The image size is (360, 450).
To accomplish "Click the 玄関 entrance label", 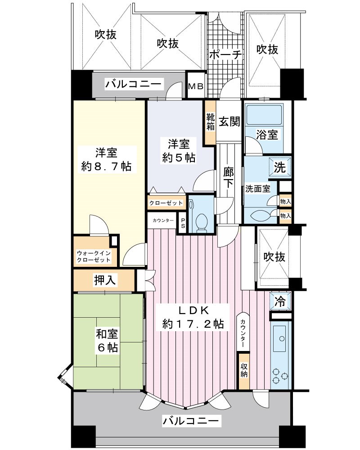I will click(x=229, y=121).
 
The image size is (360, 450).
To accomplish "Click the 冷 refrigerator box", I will click(x=279, y=301).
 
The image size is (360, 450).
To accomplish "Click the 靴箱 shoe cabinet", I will click(x=210, y=122).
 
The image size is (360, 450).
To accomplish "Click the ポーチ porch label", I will click(x=225, y=55).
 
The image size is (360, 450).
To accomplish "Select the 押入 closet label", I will click(x=105, y=280).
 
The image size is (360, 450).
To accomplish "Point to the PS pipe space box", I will click(x=183, y=223).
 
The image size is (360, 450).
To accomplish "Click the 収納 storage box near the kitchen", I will click(x=243, y=370).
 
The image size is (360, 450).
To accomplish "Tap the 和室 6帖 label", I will click(x=107, y=341).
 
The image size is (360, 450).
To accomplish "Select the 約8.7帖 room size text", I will click(x=107, y=166).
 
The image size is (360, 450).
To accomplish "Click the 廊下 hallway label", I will click(x=228, y=178).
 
